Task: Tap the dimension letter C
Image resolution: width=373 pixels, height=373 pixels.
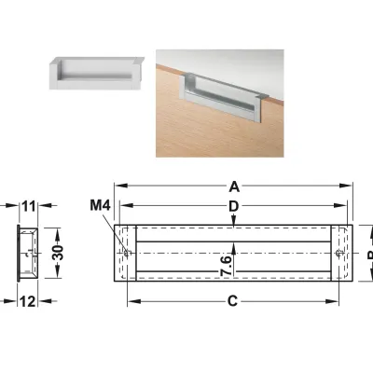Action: click(x=233, y=300)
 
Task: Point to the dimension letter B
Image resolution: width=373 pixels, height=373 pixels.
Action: click(x=367, y=254)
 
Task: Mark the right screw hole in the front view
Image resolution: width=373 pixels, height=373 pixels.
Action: click(x=338, y=252)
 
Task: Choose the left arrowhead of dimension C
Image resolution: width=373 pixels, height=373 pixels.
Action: click(x=131, y=300)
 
